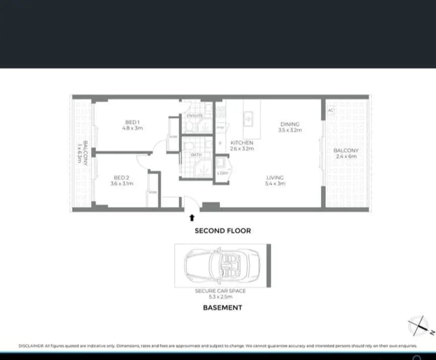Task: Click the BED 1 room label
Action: pos(132,122)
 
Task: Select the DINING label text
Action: pos(290,124)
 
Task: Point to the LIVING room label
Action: pos(275,177)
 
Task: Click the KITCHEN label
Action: pos(242,143)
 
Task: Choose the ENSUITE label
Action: pos(194,116)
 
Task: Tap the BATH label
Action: pos(196,155)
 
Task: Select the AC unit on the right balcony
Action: pos(330,111)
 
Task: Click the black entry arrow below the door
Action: pos(192,216)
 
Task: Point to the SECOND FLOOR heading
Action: pos(223,231)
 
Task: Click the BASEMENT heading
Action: pos(223,308)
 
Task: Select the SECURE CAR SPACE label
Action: pos(220,291)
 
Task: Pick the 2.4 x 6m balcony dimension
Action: pos(345,156)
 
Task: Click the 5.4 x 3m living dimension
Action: pos(275,184)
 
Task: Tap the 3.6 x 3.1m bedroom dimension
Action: pos(122,184)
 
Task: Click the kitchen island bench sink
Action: pos(248,118)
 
